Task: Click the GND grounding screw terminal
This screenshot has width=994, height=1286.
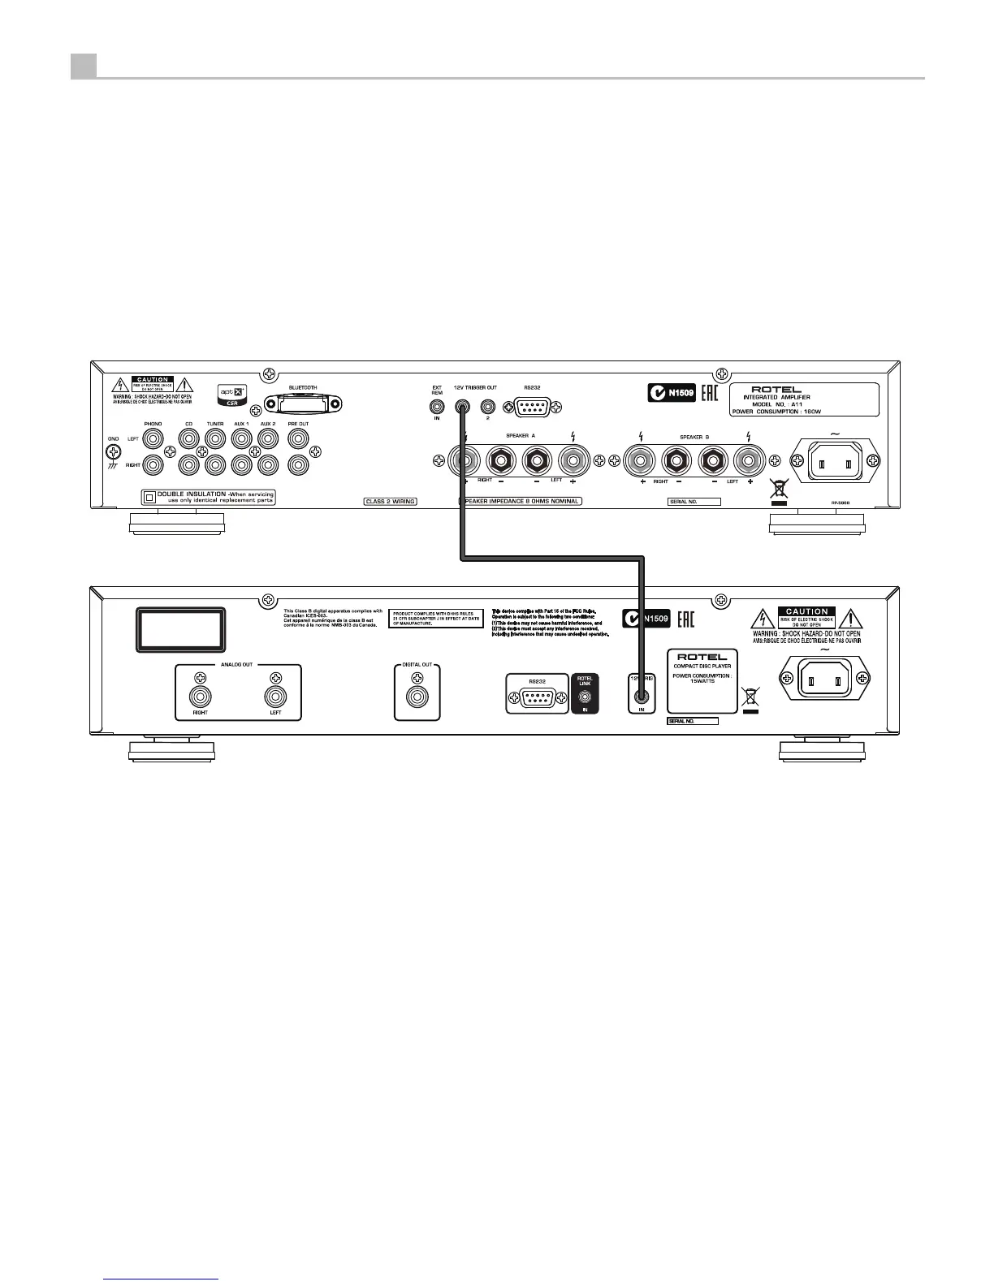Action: (114, 455)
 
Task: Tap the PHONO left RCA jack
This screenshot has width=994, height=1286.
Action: (153, 439)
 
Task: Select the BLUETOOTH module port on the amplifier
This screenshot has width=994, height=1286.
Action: (302, 403)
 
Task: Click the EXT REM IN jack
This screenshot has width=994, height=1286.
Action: (437, 407)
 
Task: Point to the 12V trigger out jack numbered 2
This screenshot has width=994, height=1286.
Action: (488, 407)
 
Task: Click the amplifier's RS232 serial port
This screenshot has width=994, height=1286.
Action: (533, 407)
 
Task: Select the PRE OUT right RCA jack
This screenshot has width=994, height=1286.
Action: (298, 464)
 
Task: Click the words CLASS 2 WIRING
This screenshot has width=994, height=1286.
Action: (390, 502)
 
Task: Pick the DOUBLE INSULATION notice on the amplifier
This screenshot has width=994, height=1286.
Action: (209, 497)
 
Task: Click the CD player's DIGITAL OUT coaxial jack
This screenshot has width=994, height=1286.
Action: (417, 697)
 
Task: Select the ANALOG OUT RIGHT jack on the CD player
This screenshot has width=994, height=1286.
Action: (200, 697)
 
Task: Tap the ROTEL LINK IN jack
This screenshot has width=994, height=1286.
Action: (585, 697)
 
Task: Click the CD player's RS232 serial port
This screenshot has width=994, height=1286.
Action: (536, 697)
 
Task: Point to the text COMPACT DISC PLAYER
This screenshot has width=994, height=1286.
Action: (702, 667)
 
